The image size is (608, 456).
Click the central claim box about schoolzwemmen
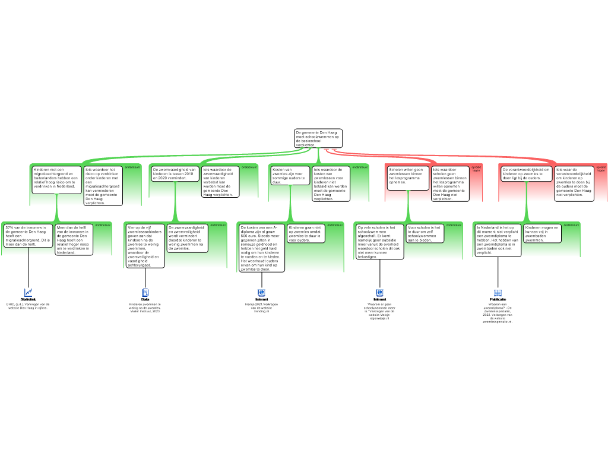tap(318, 138)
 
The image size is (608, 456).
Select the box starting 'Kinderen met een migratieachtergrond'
tap(56, 179)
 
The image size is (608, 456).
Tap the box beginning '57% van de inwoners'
tap(28, 235)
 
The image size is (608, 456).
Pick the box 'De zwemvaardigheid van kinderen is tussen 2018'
tap(175, 173)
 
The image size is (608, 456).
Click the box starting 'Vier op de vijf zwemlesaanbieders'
tap(145, 245)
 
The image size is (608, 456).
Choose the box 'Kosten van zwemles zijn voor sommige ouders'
tap(289, 175)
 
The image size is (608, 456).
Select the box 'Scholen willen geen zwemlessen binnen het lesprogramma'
tap(408, 178)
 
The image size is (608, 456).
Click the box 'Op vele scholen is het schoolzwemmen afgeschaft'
tap(379, 241)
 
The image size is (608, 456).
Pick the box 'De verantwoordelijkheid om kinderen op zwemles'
tap(527, 173)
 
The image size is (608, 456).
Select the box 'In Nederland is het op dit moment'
tap(498, 240)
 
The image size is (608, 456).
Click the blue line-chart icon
tap(28, 293)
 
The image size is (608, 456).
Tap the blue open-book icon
tap(498, 293)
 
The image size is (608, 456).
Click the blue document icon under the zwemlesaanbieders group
tap(145, 293)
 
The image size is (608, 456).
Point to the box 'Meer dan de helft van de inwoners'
tap(74, 239)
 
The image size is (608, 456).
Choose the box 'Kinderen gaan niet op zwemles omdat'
tap(305, 233)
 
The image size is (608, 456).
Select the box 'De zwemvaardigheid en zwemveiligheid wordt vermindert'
tap(188, 237)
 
